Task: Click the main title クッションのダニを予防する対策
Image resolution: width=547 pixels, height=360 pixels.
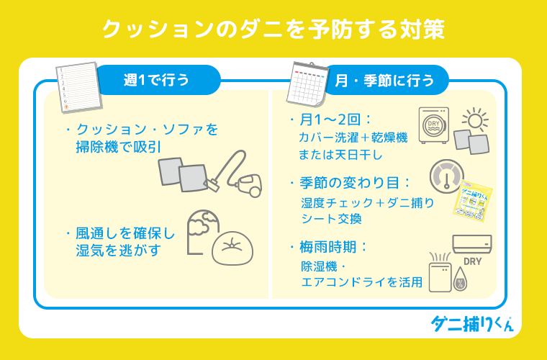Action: [273, 29]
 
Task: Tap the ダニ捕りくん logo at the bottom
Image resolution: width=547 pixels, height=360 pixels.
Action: [471, 323]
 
